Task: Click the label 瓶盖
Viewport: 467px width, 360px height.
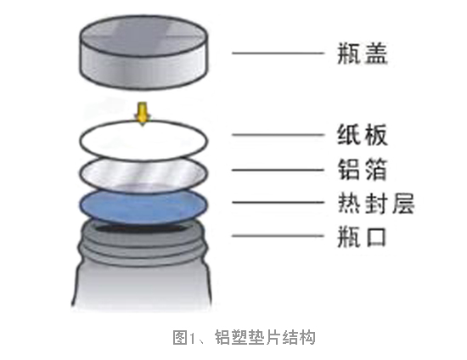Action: point(363,53)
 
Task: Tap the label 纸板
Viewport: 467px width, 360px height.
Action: point(363,135)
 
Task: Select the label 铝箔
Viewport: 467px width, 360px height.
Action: point(363,170)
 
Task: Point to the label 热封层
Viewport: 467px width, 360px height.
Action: point(376,203)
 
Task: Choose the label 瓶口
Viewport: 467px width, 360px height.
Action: point(362,237)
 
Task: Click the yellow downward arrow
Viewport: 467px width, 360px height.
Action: point(143,114)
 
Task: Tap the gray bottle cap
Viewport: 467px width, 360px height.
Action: point(143,52)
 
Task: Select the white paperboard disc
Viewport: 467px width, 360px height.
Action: point(143,139)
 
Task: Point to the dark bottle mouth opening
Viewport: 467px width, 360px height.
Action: point(143,228)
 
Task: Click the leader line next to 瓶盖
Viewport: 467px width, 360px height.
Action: point(278,53)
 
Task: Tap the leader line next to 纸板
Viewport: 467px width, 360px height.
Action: point(278,135)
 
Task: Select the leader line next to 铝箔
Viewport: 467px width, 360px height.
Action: point(278,170)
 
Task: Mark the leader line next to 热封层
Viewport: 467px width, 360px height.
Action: point(278,202)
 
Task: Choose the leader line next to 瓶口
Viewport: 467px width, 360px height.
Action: point(278,236)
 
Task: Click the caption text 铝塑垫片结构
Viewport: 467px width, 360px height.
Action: point(265,337)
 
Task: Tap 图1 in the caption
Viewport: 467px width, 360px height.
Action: point(183,337)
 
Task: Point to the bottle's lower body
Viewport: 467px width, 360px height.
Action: point(142,287)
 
